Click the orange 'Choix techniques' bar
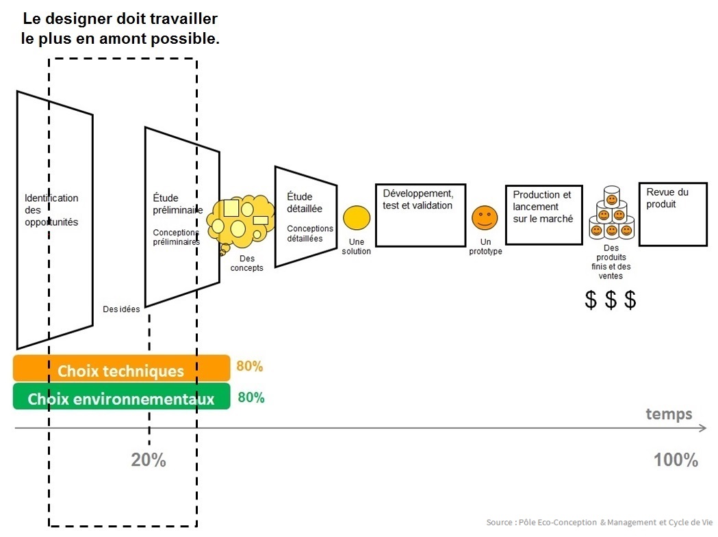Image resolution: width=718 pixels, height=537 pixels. (x=121, y=370)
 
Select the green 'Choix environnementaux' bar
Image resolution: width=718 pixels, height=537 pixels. (x=121, y=398)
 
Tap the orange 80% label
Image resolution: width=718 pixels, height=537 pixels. (x=249, y=366)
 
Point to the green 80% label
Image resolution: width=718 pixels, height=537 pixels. (x=251, y=397)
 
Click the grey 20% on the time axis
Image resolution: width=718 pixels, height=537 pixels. (x=149, y=460)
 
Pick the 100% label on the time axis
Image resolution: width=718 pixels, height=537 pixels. (x=675, y=460)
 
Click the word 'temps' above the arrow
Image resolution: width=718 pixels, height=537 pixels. (x=669, y=414)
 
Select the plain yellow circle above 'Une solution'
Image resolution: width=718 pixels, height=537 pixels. (x=356, y=218)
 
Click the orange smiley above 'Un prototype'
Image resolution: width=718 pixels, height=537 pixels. (x=485, y=218)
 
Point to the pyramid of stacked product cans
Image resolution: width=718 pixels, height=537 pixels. (x=611, y=215)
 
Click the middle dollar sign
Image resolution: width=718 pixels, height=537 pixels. (x=611, y=300)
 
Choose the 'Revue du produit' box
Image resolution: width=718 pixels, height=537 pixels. (x=672, y=214)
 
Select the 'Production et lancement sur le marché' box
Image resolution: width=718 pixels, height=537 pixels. (x=543, y=215)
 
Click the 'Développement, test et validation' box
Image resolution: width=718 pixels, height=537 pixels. (x=420, y=215)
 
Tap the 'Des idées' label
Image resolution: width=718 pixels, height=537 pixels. (x=121, y=309)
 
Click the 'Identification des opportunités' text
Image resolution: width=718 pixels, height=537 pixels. (x=51, y=210)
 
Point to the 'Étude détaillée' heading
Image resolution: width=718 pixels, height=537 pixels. (x=304, y=203)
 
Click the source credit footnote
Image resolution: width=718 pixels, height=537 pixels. (x=598, y=523)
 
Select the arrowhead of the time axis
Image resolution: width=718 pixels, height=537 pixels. (x=703, y=428)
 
